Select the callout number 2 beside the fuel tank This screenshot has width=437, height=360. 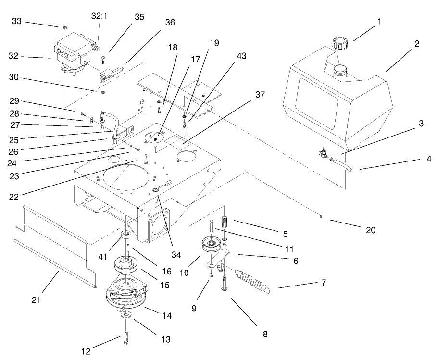click(417, 43)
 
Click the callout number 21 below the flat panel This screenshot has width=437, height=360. click(37, 300)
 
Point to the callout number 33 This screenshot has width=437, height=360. click(17, 22)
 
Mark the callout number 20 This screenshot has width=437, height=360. click(370, 230)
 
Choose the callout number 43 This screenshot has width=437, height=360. click(241, 56)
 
